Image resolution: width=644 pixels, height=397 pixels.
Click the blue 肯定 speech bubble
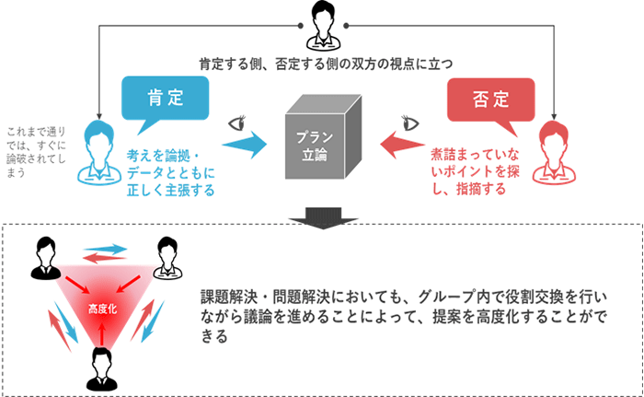(165, 96)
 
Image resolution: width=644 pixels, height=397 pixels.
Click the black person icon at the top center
(321, 26)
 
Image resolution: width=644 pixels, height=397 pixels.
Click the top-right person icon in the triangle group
(166, 259)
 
